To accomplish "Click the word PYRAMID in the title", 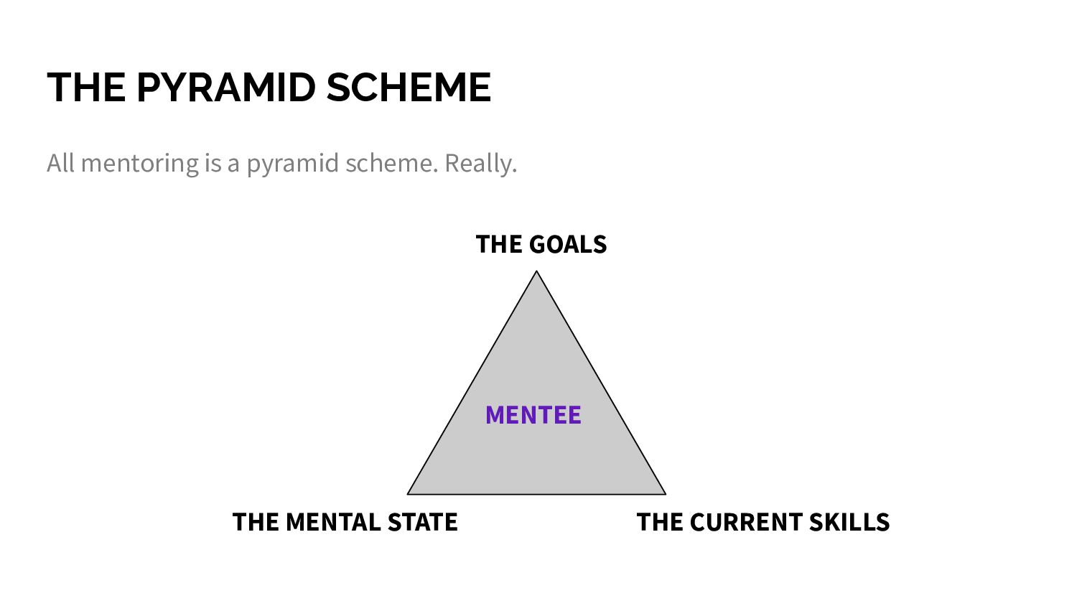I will coord(226,88).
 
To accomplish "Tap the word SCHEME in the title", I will coord(409,88).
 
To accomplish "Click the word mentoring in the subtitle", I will coord(140,164).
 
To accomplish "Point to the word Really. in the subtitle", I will coord(480,164).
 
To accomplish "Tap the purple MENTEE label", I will coord(533,415).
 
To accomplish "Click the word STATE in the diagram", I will coord(422,522).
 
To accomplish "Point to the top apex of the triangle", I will coord(536,271).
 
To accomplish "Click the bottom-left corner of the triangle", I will coord(408,494).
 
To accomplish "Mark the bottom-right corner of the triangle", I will coord(666,494).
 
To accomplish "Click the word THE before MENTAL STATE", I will coord(256,522).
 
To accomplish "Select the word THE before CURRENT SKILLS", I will coord(660,522).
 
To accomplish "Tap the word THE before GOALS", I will coord(499,245).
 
